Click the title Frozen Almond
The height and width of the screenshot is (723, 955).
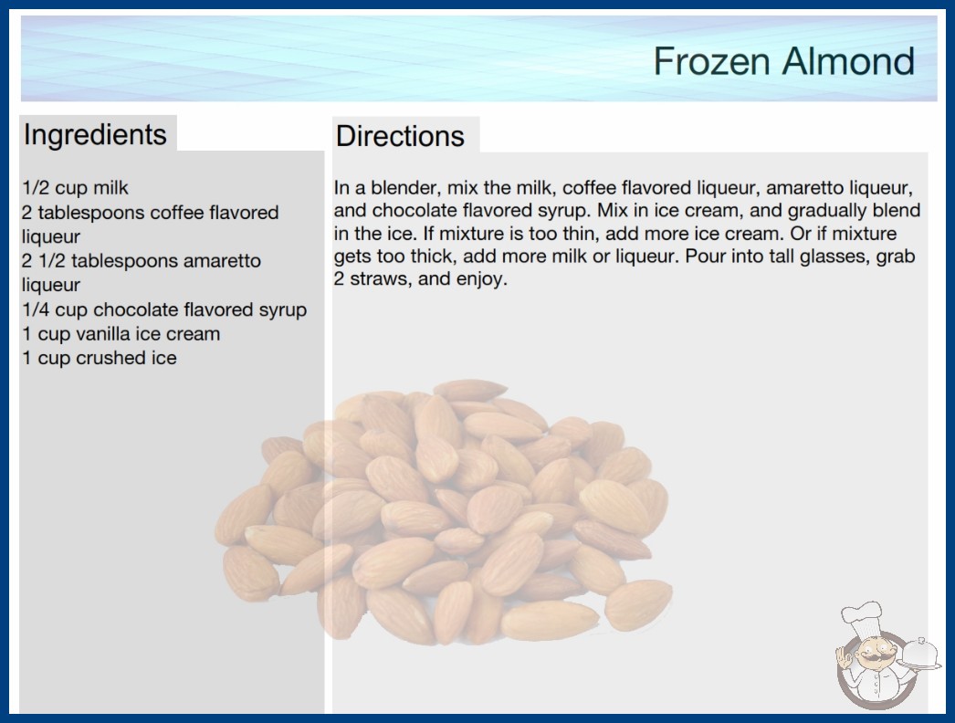pyautogui.click(x=784, y=61)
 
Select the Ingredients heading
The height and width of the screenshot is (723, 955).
pyautogui.click(x=95, y=134)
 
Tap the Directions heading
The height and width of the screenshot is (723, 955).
pyautogui.click(x=400, y=136)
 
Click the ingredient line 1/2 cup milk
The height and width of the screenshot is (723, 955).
pyautogui.click(x=75, y=188)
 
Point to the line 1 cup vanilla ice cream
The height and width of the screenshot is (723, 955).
pyautogui.click(x=121, y=334)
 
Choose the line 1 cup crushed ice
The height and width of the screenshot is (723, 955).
pyautogui.click(x=100, y=358)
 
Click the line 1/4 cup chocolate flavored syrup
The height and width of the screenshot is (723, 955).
pyautogui.click(x=164, y=309)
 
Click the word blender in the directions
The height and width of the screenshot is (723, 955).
pyautogui.click(x=404, y=188)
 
